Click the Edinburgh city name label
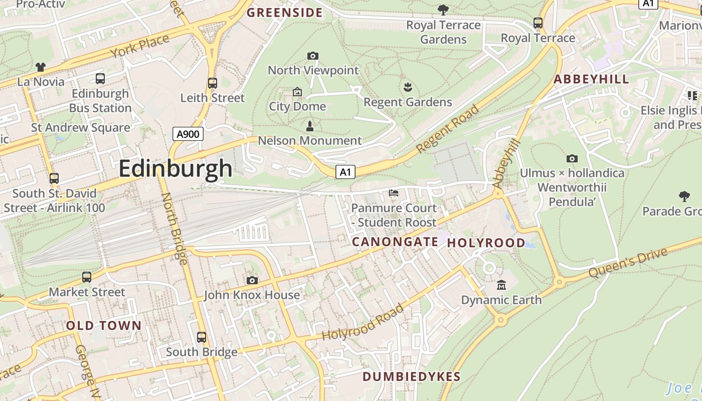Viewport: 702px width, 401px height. [175, 169]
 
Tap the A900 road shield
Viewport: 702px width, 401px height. [188, 134]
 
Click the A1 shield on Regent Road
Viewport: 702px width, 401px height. [345, 172]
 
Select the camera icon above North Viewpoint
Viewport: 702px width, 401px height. [313, 56]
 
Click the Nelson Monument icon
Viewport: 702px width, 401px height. [309, 126]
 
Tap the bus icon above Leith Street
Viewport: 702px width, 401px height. [213, 83]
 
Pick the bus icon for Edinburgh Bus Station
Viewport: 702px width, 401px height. [100, 79]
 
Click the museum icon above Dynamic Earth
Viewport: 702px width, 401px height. [501, 285]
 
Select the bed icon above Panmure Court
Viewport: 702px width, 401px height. [394, 193]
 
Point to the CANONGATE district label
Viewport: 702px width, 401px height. [395, 242]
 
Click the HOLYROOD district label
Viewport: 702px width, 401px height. [486, 243]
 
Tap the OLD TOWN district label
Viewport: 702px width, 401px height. [104, 326]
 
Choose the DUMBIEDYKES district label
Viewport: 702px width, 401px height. [411, 377]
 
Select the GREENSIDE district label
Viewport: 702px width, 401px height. [285, 13]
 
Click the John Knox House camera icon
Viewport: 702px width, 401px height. [252, 280]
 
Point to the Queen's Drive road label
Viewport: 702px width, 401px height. [628, 263]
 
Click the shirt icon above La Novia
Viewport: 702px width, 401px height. [41, 67]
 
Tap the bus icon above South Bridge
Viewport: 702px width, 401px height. [202, 337]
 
